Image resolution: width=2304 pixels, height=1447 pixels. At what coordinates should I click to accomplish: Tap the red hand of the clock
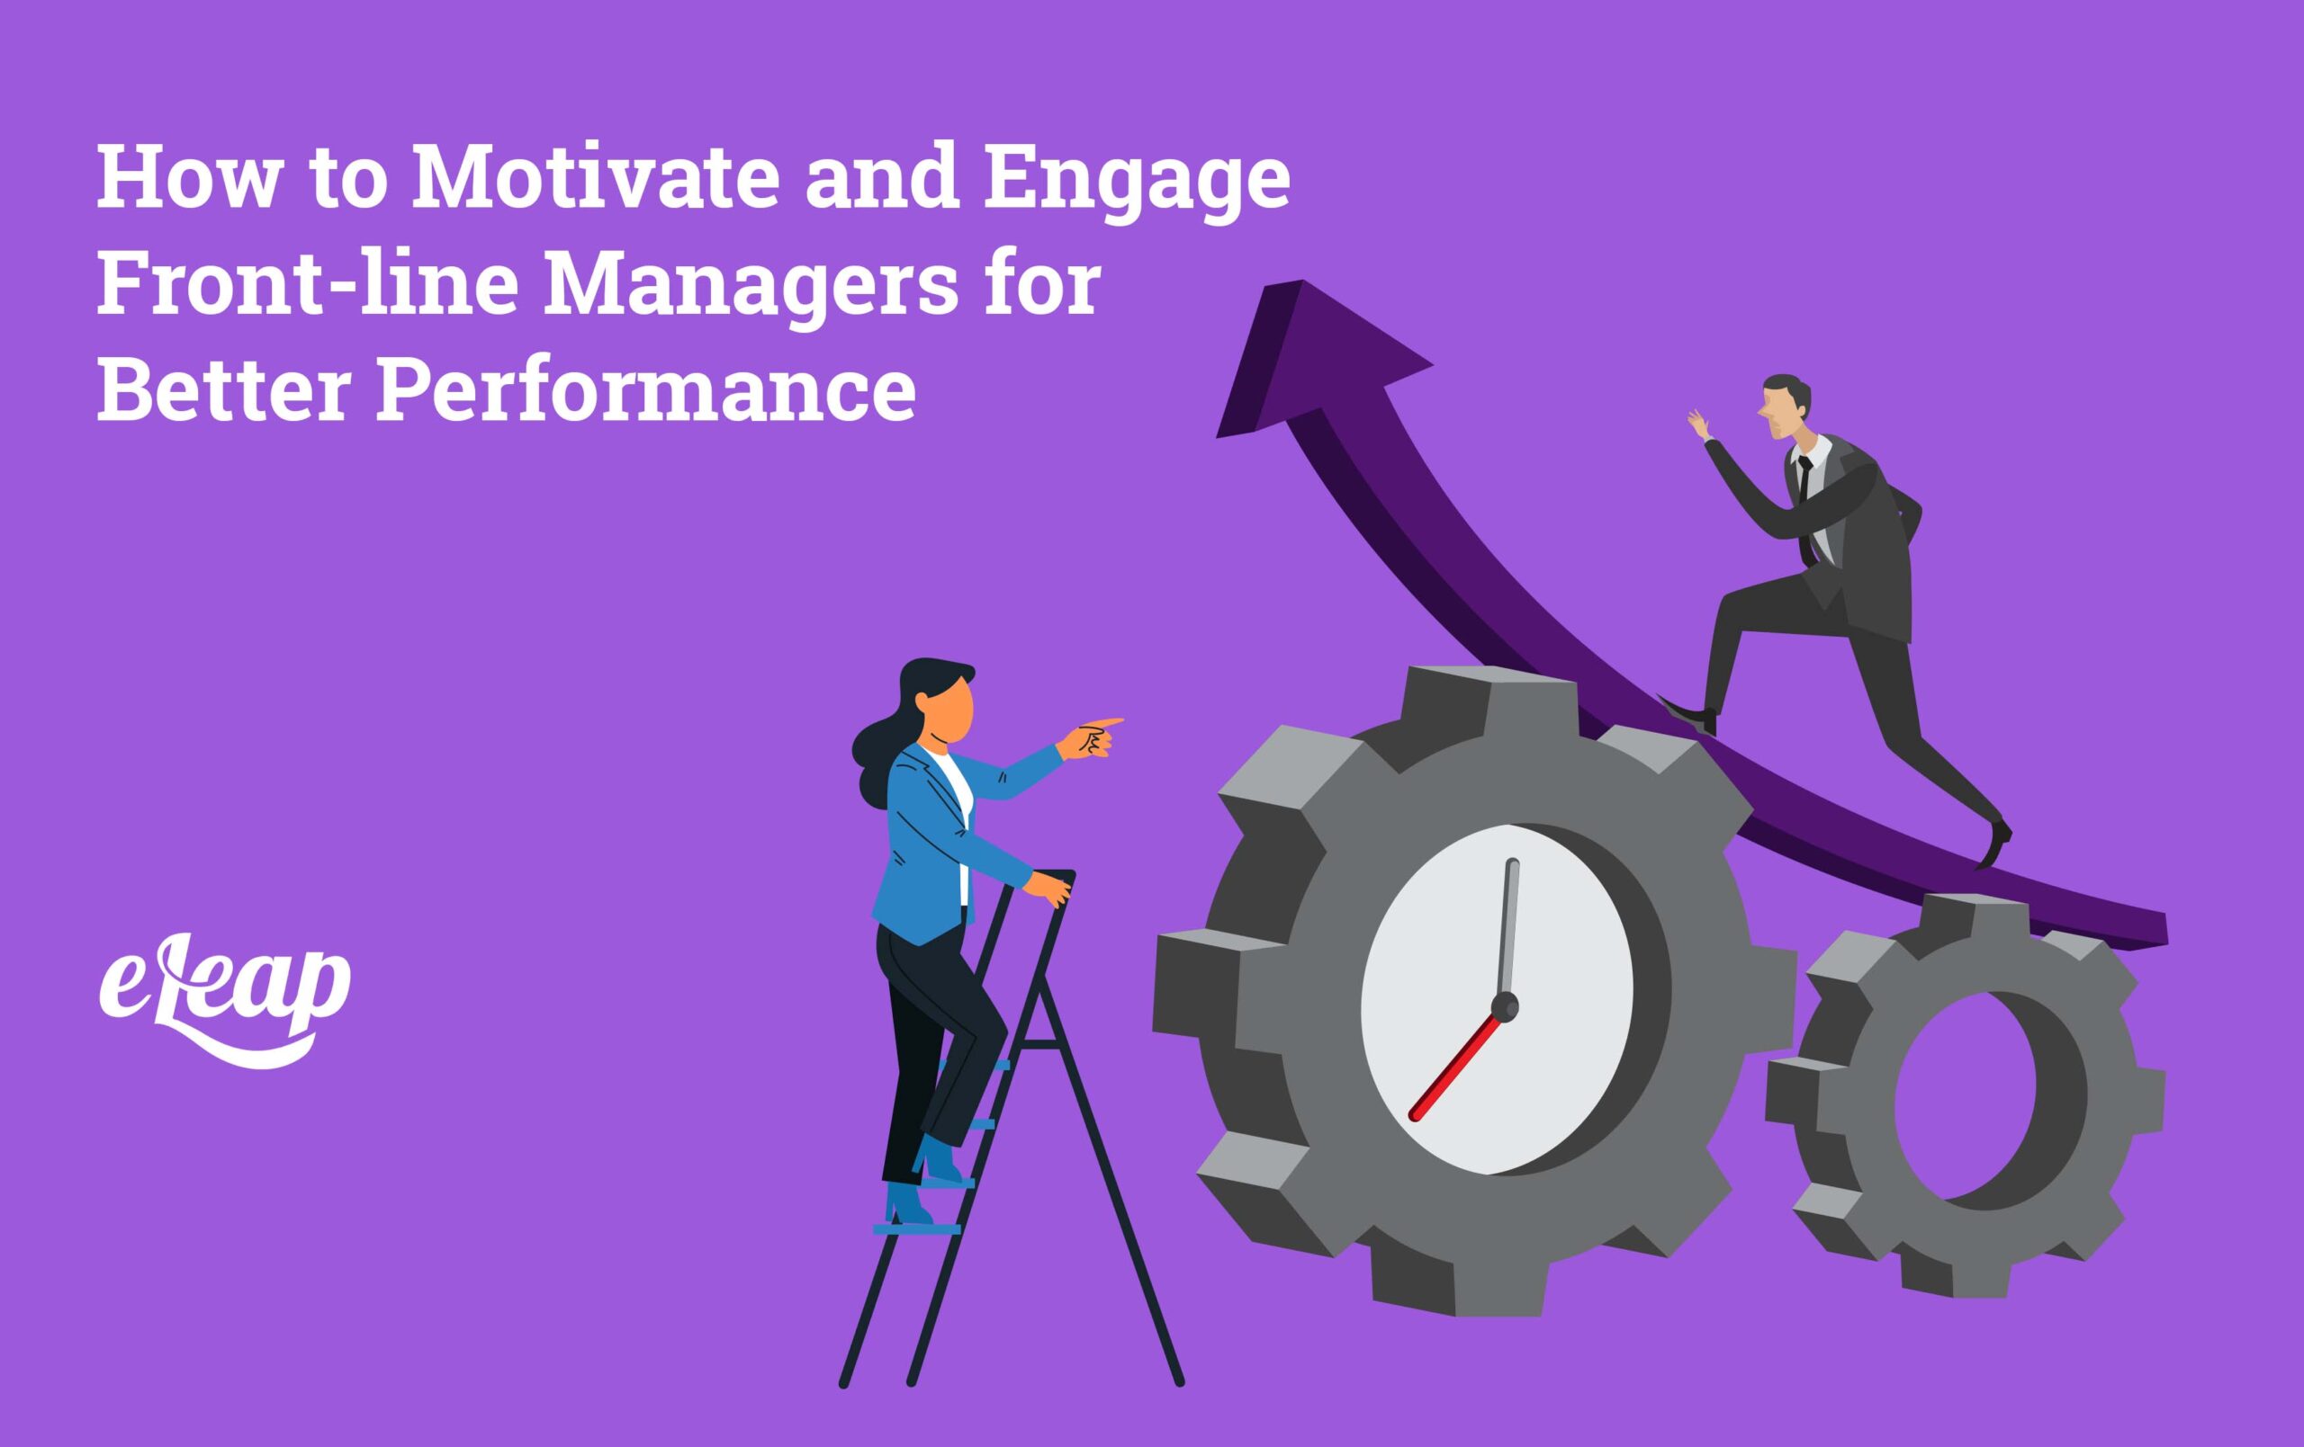(x=1454, y=1066)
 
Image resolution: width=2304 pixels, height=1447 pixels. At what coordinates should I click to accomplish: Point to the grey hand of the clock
(x=1509, y=928)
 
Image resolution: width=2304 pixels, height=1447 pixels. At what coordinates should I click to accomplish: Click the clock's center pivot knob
(x=1504, y=1006)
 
